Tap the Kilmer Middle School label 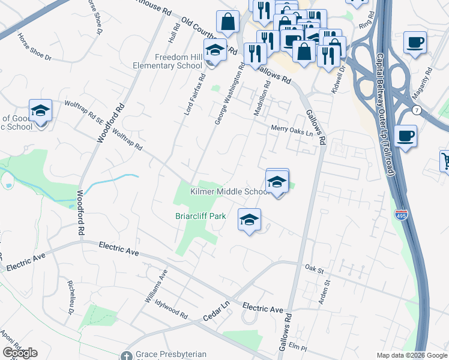(x=230, y=191)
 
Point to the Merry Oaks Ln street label (x=292, y=129)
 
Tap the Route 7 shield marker (x=416, y=110)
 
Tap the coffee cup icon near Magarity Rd (x=415, y=43)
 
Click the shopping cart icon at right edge (x=445, y=161)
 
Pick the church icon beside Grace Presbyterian (x=126, y=355)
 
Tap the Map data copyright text (x=411, y=355)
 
